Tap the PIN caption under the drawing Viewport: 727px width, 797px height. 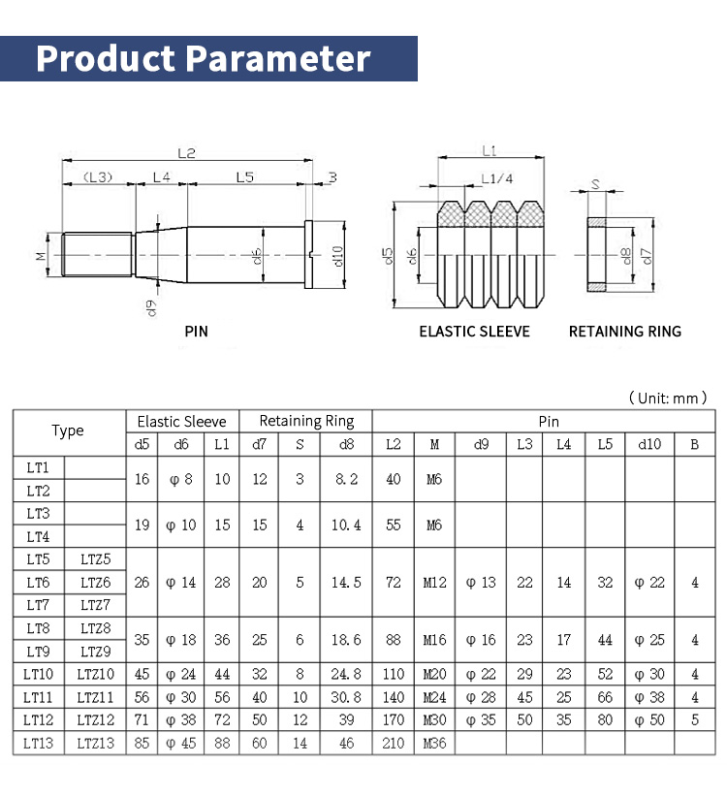[197, 332]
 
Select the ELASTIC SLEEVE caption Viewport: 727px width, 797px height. [474, 332]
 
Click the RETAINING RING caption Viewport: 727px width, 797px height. [624, 332]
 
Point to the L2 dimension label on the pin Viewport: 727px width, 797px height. [186, 153]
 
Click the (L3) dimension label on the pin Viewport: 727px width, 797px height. [98, 176]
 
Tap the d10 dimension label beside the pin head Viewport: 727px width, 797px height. [338, 256]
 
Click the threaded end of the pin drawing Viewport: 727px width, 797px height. [96, 255]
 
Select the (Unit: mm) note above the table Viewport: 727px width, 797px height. [668, 398]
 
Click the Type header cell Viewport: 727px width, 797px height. [68, 431]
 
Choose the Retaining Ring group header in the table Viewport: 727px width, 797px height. [306, 421]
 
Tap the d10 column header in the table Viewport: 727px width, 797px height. [649, 444]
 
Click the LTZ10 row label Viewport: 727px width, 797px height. [95, 674]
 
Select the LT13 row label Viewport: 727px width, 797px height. [39, 743]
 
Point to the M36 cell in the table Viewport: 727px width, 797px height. [434, 743]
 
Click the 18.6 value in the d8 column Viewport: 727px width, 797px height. [346, 640]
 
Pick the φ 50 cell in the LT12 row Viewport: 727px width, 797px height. [649, 719]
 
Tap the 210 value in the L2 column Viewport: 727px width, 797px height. [393, 743]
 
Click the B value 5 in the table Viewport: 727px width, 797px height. [694, 719]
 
